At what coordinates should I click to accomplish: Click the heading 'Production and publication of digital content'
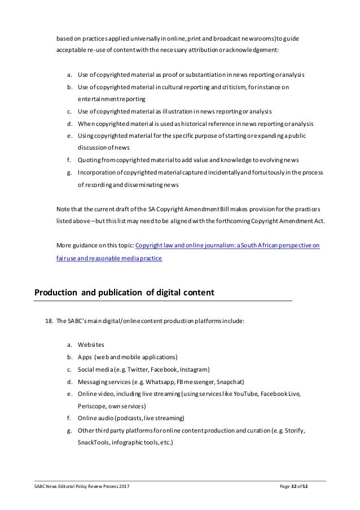point(124,293)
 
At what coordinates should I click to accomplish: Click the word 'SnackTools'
point(94,443)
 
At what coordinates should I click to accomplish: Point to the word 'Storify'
point(293,431)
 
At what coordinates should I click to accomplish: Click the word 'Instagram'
point(195,369)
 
